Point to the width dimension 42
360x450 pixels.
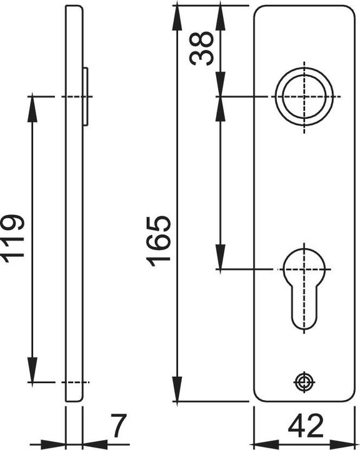coord(306,427)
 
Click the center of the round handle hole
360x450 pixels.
coord(304,97)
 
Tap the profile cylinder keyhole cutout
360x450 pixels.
coord(304,287)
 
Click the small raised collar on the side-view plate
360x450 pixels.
coord(86,97)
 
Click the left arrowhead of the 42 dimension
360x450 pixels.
coord(262,440)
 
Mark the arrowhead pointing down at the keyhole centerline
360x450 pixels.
coord(221,259)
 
